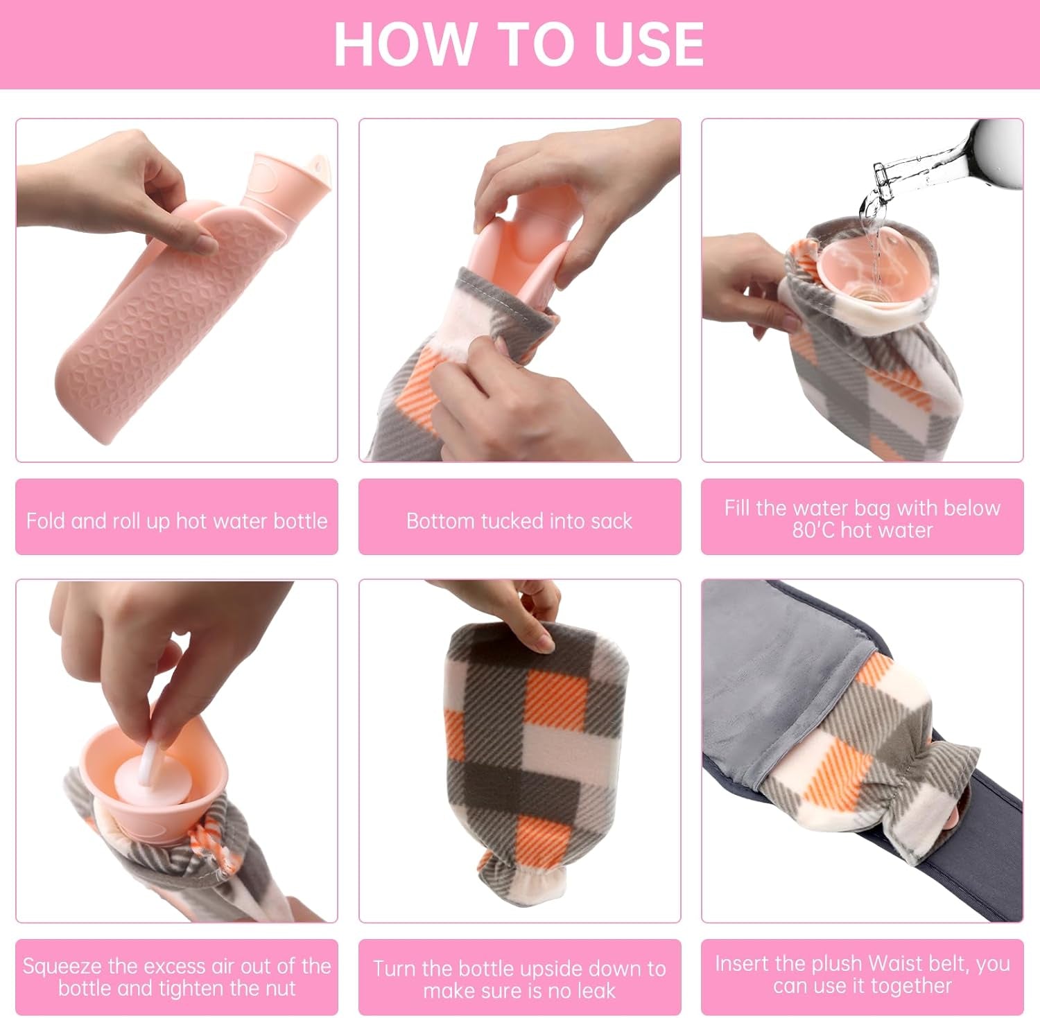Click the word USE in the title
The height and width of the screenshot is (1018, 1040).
click(x=649, y=44)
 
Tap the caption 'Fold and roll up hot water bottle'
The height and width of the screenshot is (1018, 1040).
click(x=177, y=520)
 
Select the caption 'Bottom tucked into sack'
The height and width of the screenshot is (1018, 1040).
click(x=519, y=520)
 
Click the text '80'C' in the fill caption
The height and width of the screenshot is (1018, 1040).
click(x=814, y=531)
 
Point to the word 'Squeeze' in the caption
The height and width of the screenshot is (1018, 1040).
click(x=62, y=966)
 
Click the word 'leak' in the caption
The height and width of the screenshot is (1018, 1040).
click(x=591, y=991)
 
